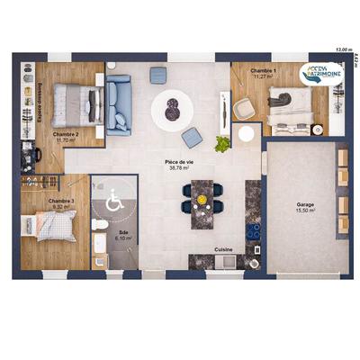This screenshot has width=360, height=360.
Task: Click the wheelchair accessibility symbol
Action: coord(114,202)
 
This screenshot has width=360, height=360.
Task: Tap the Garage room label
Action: coord(305,204)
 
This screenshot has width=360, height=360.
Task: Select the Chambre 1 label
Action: coord(263,70)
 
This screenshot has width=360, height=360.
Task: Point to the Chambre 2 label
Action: coord(66,133)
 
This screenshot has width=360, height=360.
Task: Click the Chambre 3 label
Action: coord(61,201)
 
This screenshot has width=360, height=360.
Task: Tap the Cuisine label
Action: coord(224,248)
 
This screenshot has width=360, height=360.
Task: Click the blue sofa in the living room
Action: coord(119,103)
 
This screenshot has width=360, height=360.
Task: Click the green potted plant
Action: coord(222,142)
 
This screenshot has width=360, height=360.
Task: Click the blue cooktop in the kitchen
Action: coord(253,229)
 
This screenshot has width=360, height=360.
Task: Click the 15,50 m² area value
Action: coord(305,211)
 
